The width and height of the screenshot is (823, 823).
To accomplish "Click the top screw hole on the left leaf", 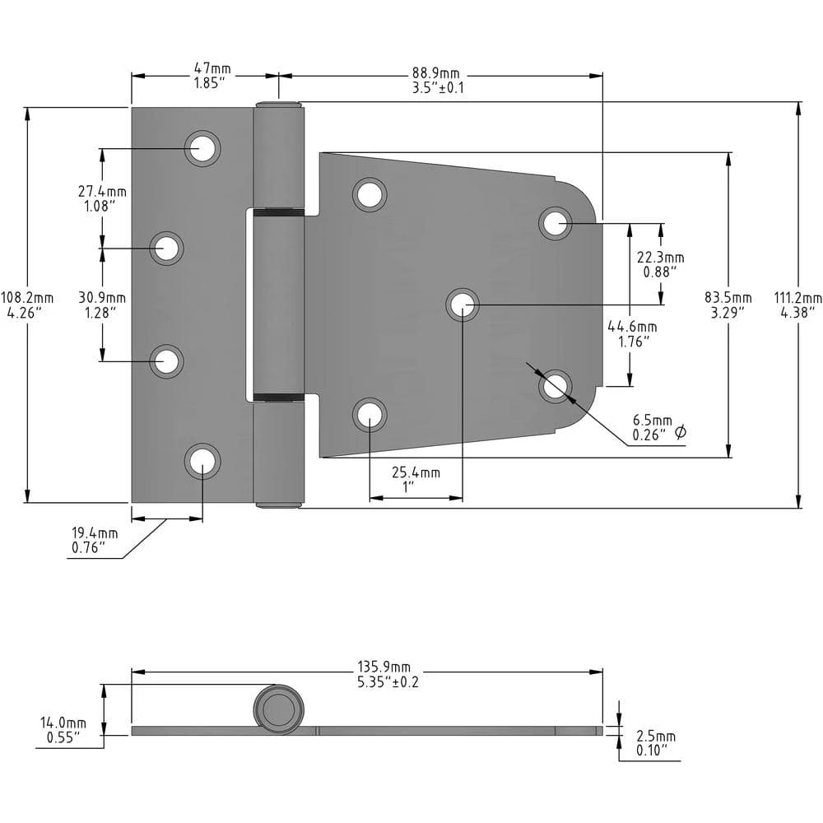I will pos(202,148).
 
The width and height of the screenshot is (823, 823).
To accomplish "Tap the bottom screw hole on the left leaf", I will pos(202,461).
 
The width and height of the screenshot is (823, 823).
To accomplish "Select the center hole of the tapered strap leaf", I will pos(463,305).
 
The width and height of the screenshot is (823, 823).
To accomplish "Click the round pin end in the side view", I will pos(278,709).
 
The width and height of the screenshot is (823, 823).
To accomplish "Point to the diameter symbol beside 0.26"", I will pos(680,433).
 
